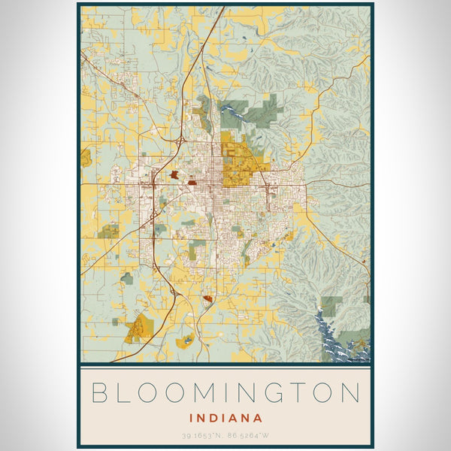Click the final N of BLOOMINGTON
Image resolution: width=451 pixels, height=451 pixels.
pos(351,392)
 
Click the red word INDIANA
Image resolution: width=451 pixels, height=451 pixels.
pos(225,417)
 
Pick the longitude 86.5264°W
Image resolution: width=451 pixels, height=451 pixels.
pos(249,435)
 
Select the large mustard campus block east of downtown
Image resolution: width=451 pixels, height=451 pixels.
pos(241,162)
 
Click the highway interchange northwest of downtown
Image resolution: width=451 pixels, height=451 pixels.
pos(179,141)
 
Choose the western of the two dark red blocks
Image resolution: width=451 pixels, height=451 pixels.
pos(175,174)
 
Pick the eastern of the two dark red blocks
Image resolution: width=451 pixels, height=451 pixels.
pos(192,181)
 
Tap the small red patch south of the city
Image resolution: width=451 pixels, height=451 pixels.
pos(207,299)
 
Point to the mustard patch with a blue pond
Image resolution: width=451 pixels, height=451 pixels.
pos(182,342)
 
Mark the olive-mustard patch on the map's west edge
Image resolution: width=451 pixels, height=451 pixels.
pos(86,158)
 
